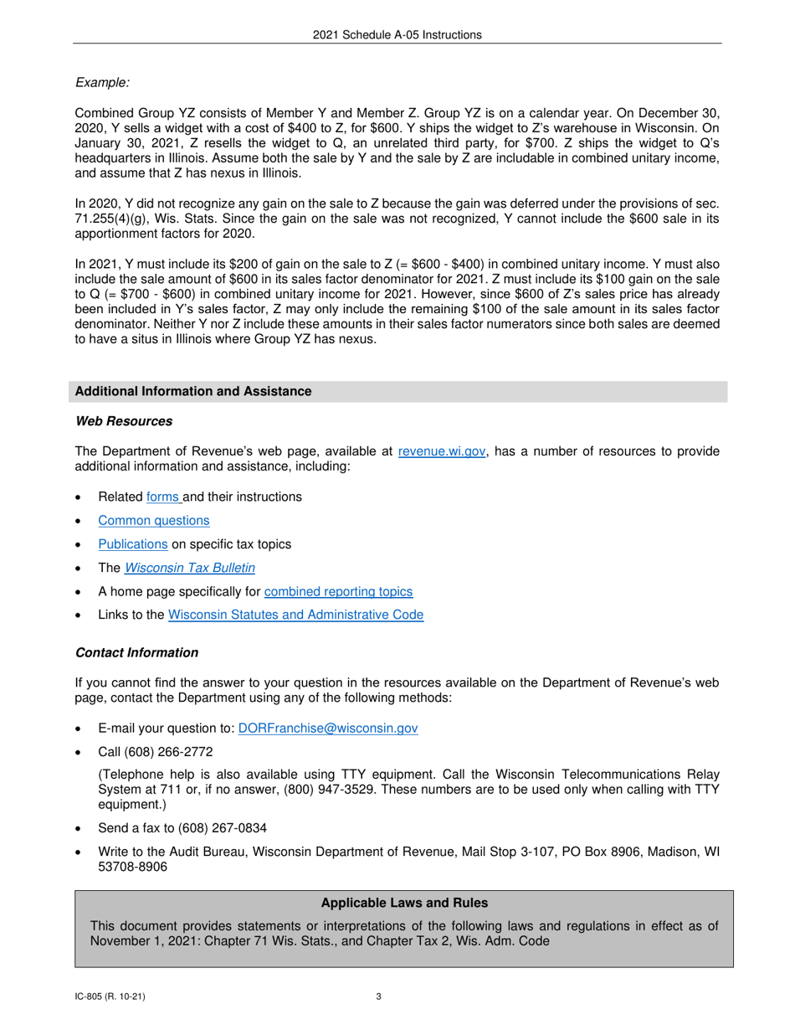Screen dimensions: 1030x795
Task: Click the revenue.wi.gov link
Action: click(442, 451)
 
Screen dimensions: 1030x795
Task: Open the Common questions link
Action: click(154, 521)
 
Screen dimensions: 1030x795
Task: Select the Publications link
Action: click(133, 544)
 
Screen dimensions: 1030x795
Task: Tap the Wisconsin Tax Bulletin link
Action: click(190, 568)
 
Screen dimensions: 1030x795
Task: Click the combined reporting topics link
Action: click(338, 591)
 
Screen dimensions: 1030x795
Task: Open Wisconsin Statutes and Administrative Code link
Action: click(295, 615)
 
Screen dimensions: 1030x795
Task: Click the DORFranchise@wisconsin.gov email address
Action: click(328, 729)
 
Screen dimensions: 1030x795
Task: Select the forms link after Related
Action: click(163, 497)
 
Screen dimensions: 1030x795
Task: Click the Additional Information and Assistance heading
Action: click(193, 392)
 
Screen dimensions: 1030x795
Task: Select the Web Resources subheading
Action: click(124, 421)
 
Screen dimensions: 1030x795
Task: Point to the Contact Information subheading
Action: click(137, 652)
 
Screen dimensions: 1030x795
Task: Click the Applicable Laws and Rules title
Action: click(404, 903)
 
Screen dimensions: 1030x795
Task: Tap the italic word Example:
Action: click(102, 82)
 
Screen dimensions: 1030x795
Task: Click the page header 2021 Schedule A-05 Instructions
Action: click(397, 35)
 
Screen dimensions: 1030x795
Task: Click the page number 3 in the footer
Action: click(379, 997)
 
